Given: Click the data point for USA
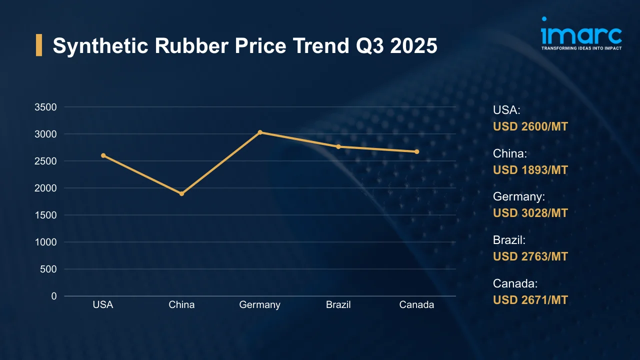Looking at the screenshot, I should [103, 155].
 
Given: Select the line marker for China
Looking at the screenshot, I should [181, 193].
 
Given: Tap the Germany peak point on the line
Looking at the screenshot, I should [260, 132].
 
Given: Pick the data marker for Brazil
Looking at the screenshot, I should [338, 146].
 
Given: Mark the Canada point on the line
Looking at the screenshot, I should [416, 151].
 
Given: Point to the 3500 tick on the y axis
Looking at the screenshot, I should [45, 107].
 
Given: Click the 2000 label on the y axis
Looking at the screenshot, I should [45, 188].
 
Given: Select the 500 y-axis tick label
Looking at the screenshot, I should [48, 269].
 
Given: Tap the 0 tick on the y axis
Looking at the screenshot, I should [53, 296].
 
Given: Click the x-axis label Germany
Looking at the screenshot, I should [259, 304].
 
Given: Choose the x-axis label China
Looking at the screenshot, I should [181, 304].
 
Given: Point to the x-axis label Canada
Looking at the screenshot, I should [416, 304].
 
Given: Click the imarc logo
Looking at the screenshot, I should [581, 34].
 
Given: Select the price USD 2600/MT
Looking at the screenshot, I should [530, 126].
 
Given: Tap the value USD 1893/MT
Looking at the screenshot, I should [530, 170].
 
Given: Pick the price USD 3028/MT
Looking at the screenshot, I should [530, 213].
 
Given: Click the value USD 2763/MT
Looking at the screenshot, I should [530, 256].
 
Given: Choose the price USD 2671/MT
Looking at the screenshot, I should [530, 300].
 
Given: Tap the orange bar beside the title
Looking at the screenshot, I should [39, 45].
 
